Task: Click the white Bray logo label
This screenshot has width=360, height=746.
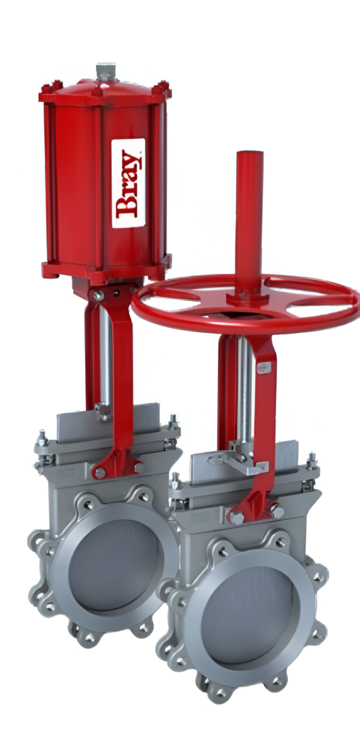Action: pos(128,183)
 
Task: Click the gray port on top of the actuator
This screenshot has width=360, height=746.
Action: pos(106,72)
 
